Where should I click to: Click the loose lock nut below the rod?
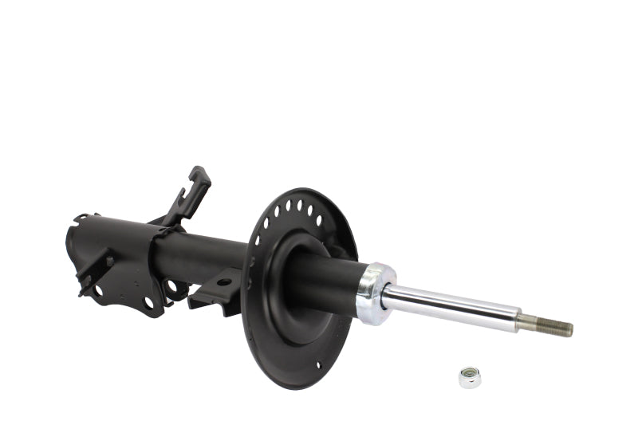click(470, 376)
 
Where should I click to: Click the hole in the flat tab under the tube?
click(224, 281)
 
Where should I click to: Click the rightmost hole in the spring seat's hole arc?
click(319, 220)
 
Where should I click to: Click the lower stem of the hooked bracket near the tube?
click(177, 216)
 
